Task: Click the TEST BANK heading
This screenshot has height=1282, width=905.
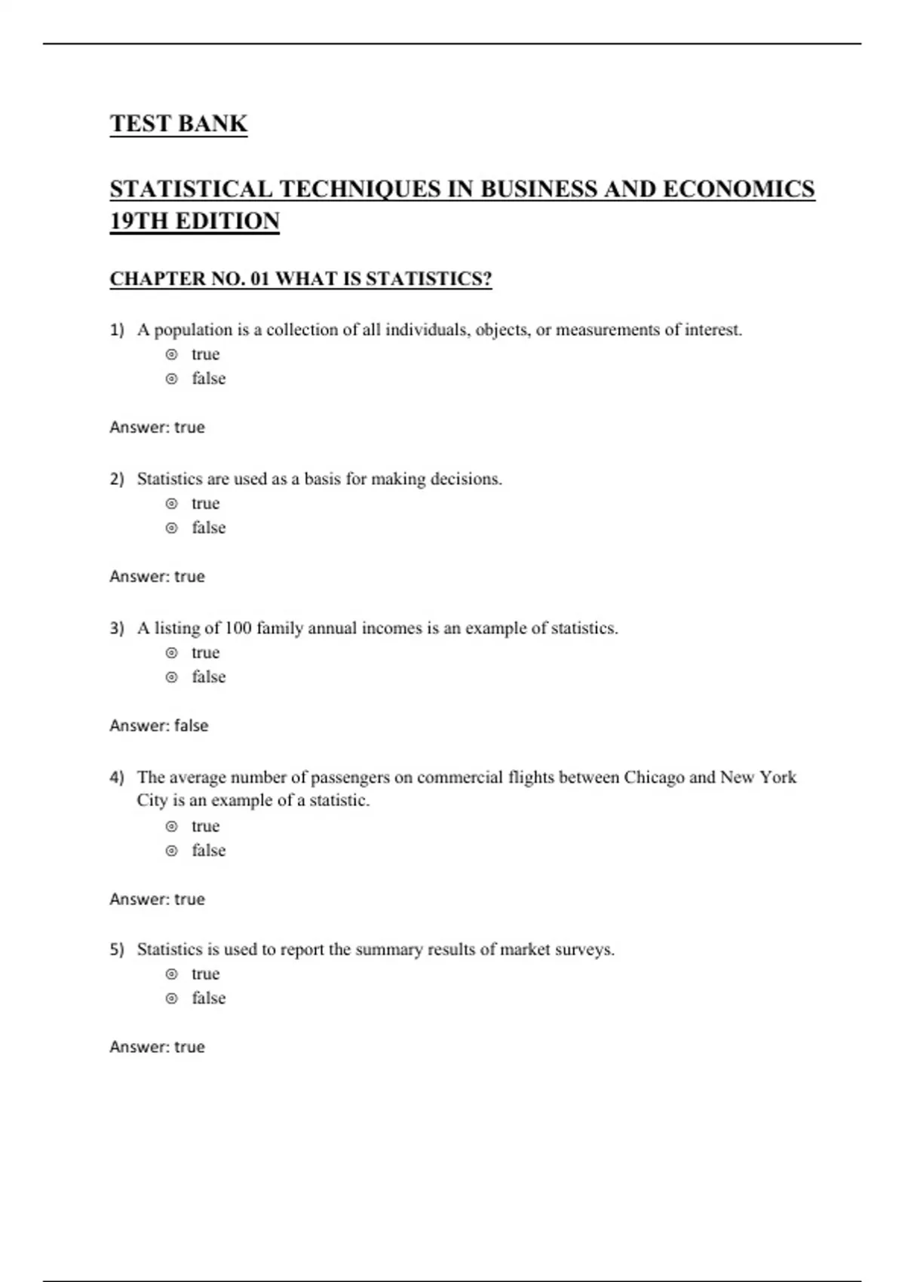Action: click(x=178, y=124)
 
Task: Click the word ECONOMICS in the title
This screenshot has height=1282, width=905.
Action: click(x=738, y=189)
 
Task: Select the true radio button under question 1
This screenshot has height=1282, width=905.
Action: click(x=172, y=354)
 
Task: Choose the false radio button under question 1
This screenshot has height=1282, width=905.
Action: click(x=172, y=379)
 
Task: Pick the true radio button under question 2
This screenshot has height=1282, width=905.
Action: click(x=172, y=504)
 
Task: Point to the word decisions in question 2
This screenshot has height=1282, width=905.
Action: click(x=465, y=479)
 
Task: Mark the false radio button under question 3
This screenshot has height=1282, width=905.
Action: click(x=172, y=677)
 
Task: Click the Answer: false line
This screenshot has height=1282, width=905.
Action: click(x=159, y=725)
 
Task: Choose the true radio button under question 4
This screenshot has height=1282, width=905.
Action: click(x=172, y=827)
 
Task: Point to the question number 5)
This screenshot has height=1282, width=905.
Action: click(x=117, y=949)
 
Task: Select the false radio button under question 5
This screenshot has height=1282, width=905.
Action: click(x=172, y=998)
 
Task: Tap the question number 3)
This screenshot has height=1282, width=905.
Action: click(x=117, y=628)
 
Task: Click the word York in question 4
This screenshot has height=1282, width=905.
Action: click(x=778, y=777)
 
